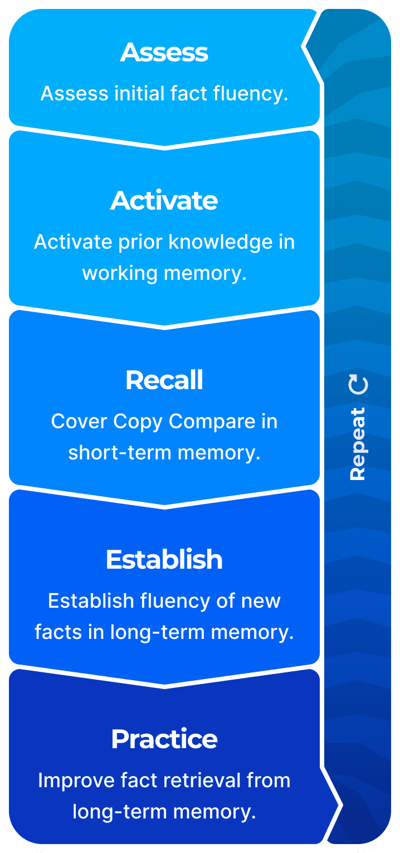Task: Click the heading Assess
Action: (x=164, y=52)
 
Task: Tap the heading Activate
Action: (x=164, y=201)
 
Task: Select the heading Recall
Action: (x=164, y=380)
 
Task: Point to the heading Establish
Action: (x=164, y=560)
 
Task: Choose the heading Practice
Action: (x=164, y=739)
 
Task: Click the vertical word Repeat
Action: (x=357, y=444)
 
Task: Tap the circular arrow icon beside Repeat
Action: (x=358, y=385)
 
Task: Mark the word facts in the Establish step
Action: (x=55, y=632)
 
